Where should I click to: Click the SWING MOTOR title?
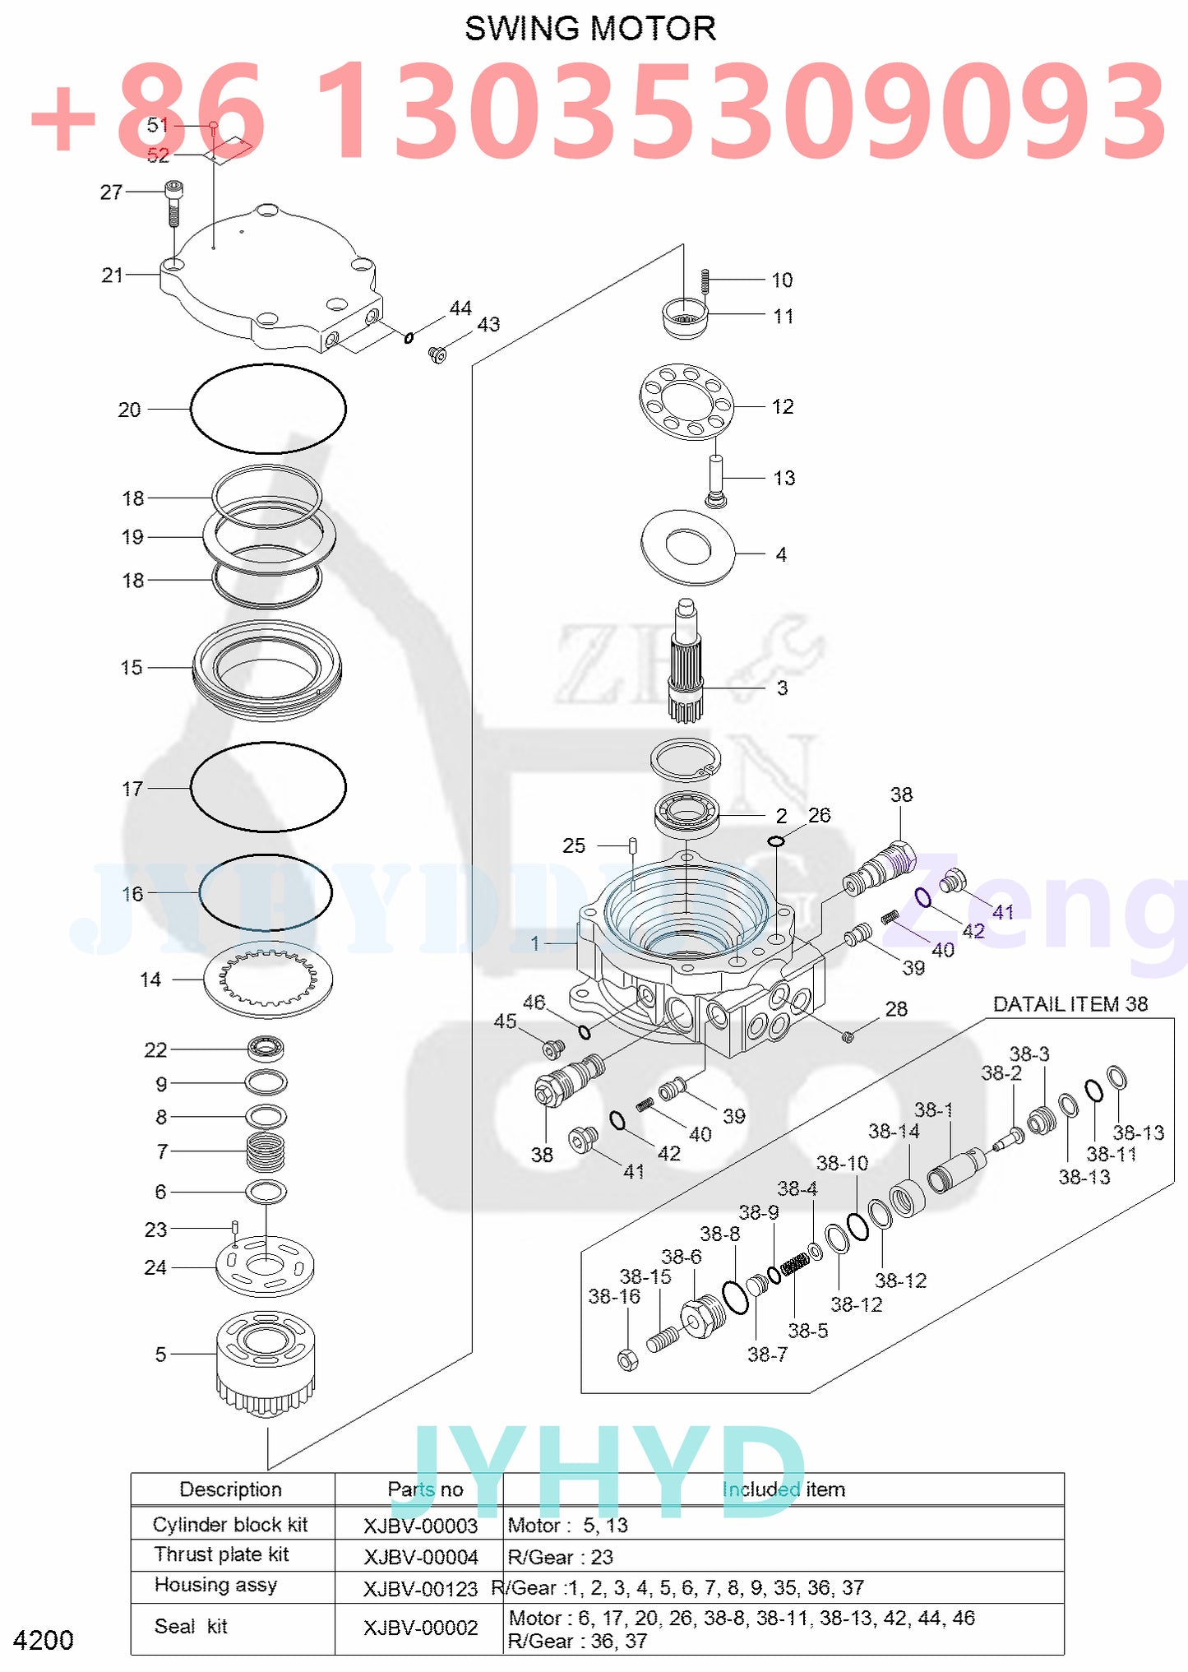590,29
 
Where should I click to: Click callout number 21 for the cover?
112,275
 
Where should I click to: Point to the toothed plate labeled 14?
268,981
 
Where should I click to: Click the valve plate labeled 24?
265,1268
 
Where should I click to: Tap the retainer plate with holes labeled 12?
686,401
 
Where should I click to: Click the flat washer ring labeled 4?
687,547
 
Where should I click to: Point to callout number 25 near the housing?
574,845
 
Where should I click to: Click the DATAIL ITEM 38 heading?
1070,1004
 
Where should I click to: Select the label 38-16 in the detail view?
614,1296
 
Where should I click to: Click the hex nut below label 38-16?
628,1359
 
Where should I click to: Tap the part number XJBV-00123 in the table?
420,1589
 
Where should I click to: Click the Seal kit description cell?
191,1626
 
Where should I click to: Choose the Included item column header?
783,1489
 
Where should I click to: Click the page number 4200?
44,1640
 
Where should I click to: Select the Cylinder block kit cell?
230,1525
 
